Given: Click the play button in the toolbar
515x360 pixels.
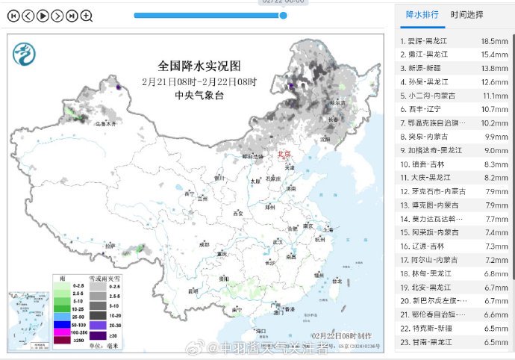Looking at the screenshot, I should [x=43, y=15].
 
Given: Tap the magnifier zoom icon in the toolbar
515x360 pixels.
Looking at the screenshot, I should [x=87, y=15].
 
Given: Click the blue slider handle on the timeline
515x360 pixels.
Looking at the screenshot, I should [x=283, y=15].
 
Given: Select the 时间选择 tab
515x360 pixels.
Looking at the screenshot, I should [x=466, y=14].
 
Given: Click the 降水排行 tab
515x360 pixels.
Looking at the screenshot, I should [x=421, y=14].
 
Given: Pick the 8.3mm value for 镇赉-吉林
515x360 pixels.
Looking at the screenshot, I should [x=495, y=164].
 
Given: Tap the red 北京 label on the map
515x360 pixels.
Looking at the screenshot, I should [x=284, y=155].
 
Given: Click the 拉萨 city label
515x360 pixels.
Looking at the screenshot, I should [x=111, y=245].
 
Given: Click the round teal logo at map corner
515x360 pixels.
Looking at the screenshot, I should [x=24, y=53].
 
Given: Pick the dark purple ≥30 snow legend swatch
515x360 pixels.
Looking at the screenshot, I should [x=98, y=336].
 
